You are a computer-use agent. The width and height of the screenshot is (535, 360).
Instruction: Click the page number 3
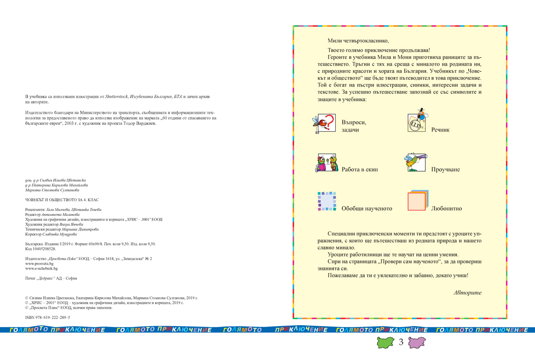[401, 343]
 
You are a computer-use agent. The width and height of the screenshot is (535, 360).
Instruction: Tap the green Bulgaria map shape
[386, 343]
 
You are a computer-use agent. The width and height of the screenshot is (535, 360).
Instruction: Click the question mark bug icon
[324, 124]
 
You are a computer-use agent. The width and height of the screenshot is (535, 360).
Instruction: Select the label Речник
[440, 130]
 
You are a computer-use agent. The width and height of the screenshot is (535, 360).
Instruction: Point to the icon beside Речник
[418, 121]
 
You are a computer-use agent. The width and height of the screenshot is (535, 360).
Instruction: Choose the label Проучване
[445, 170]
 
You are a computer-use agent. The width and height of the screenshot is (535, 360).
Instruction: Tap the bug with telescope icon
[416, 162]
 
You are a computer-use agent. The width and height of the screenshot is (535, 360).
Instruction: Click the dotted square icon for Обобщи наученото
[327, 201]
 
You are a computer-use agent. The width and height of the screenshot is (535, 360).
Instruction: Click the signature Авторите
[467, 293]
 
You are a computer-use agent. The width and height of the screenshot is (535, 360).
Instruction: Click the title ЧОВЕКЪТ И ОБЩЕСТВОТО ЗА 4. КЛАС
[62, 200]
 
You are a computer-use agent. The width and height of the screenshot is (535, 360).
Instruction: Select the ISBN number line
[48, 317]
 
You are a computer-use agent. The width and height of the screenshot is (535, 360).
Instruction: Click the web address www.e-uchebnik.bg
[41, 269]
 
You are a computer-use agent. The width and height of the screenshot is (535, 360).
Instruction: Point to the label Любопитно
[446, 208]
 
